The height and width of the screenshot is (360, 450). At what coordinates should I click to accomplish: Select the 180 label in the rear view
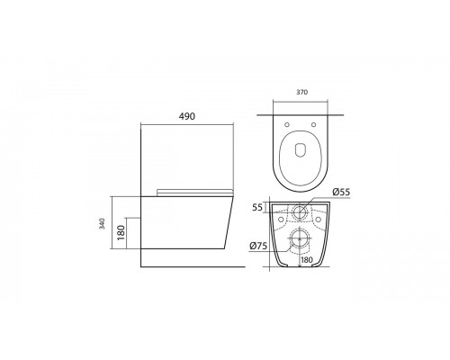[307, 261]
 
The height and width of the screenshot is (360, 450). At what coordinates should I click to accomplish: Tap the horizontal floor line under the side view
[193, 267]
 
